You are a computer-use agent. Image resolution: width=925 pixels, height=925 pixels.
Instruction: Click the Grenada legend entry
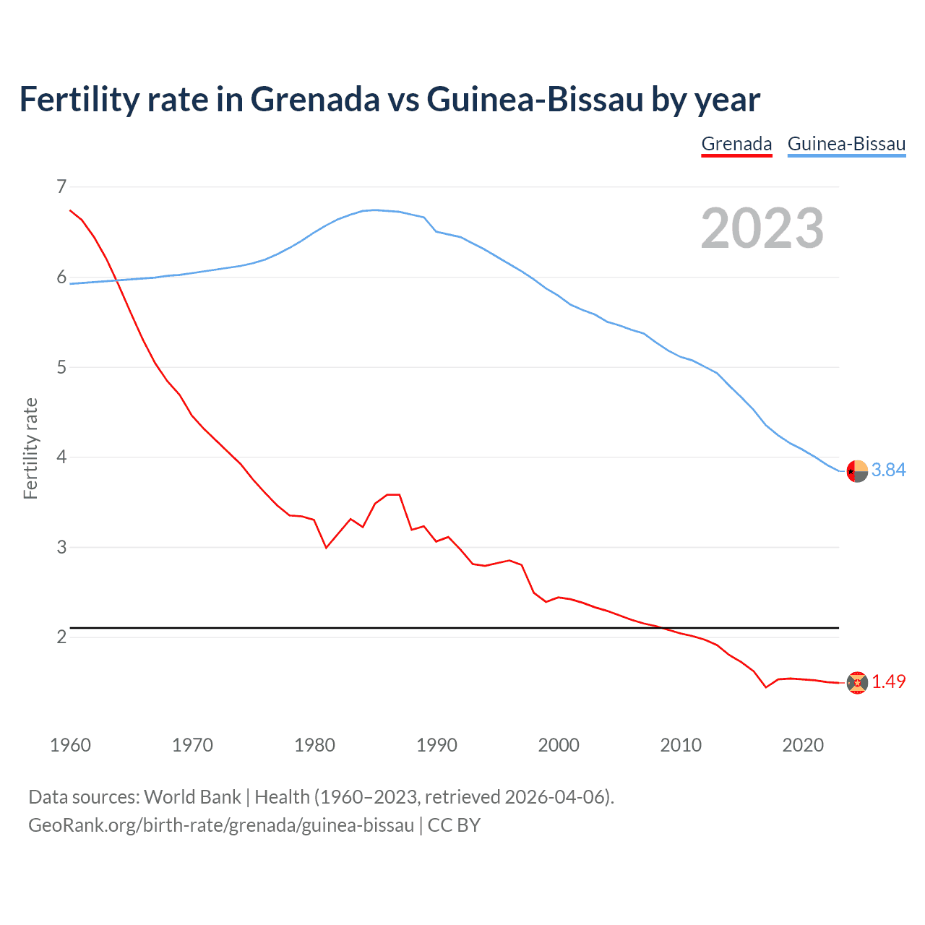click(736, 144)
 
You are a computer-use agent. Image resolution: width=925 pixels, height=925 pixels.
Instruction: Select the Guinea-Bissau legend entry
click(846, 144)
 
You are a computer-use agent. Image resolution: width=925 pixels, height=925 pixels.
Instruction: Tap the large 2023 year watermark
click(762, 228)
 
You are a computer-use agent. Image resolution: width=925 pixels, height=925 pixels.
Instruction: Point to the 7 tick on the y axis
click(61, 187)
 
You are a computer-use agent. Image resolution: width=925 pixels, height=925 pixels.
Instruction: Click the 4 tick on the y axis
click(61, 457)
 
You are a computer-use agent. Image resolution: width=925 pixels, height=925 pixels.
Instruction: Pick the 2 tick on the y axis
click(61, 637)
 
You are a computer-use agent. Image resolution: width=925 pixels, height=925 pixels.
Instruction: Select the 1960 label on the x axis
click(70, 745)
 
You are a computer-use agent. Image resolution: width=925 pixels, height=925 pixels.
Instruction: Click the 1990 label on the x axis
click(436, 745)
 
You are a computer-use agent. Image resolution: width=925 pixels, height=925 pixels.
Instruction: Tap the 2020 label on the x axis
click(803, 745)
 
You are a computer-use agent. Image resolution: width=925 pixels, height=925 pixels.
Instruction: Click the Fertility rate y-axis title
click(30, 448)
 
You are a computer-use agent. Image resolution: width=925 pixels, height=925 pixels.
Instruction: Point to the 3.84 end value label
click(888, 470)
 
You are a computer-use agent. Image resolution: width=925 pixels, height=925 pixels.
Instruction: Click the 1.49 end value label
click(888, 681)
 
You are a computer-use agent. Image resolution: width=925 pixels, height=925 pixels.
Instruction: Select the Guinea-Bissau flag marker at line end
click(857, 471)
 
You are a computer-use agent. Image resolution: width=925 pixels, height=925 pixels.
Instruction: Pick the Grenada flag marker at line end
click(857, 683)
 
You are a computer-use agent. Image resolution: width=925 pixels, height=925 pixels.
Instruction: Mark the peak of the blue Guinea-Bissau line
click(374, 210)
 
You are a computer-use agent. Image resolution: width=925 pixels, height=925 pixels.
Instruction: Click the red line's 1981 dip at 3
click(326, 548)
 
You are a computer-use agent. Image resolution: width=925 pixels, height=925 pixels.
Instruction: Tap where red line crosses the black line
click(662, 628)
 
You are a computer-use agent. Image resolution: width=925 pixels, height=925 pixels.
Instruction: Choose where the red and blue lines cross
click(117, 280)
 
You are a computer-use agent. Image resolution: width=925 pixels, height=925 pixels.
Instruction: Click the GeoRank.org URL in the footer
click(221, 825)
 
